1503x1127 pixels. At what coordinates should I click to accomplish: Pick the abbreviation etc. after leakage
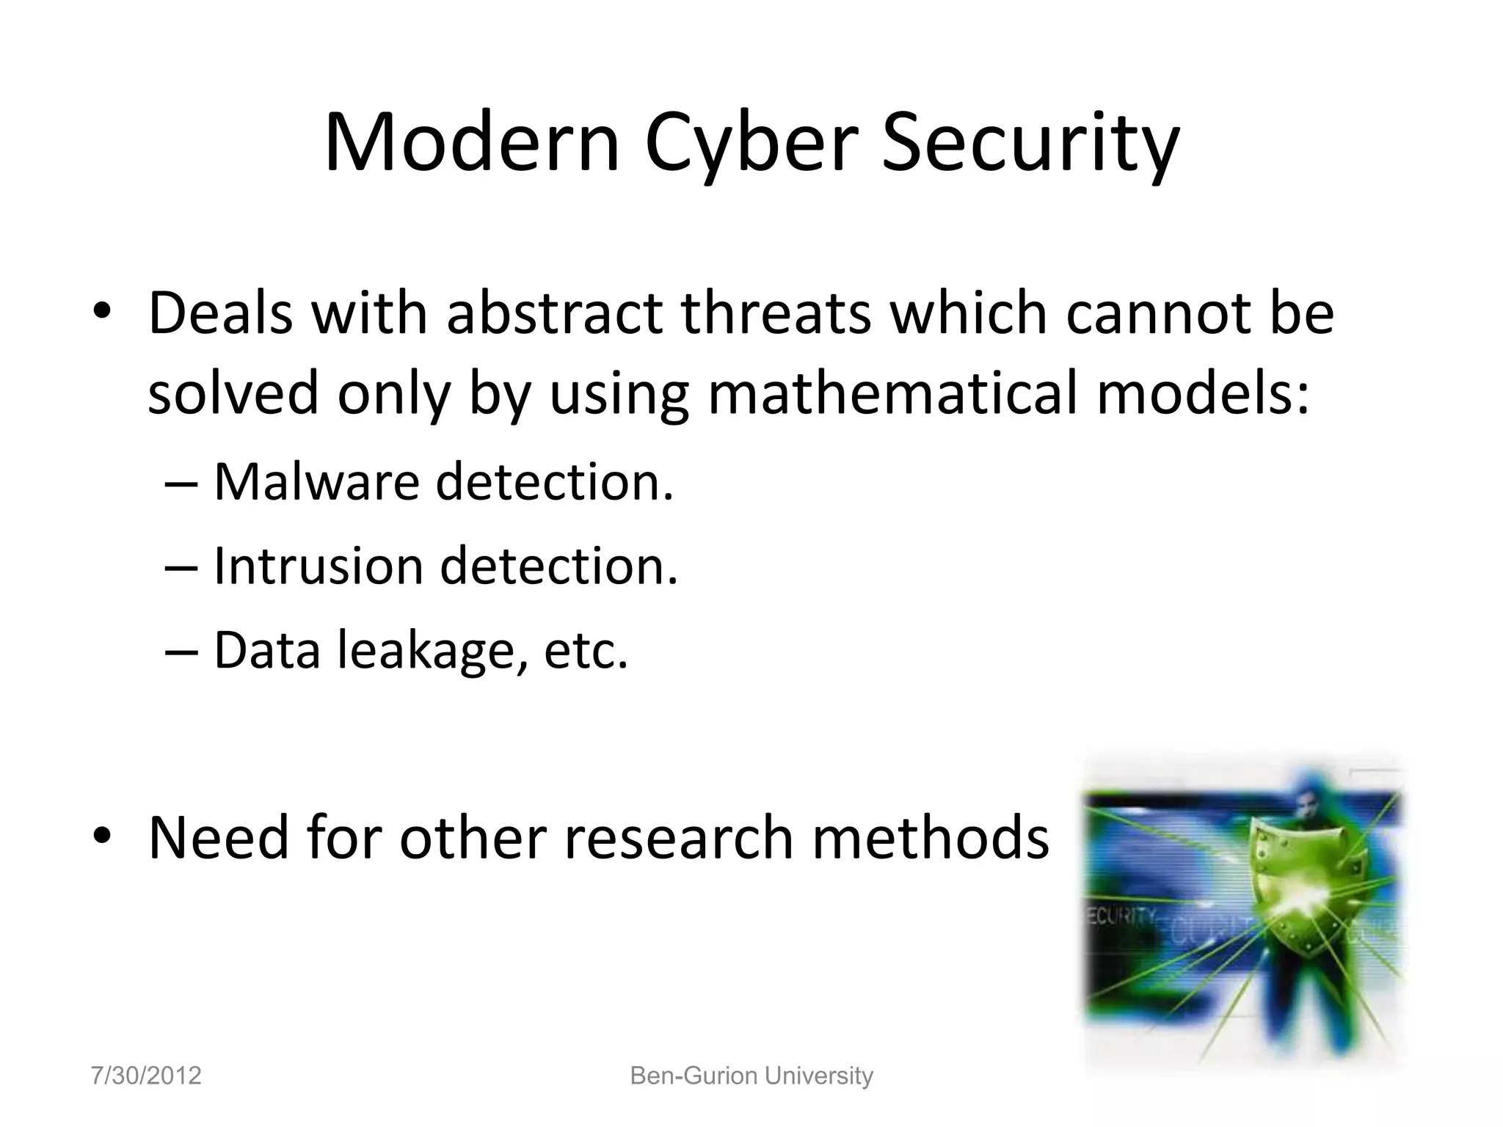click(586, 651)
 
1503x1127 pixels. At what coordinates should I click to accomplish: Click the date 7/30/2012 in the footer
click(146, 1076)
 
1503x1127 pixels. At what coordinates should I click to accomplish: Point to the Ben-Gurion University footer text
click(751, 1076)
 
